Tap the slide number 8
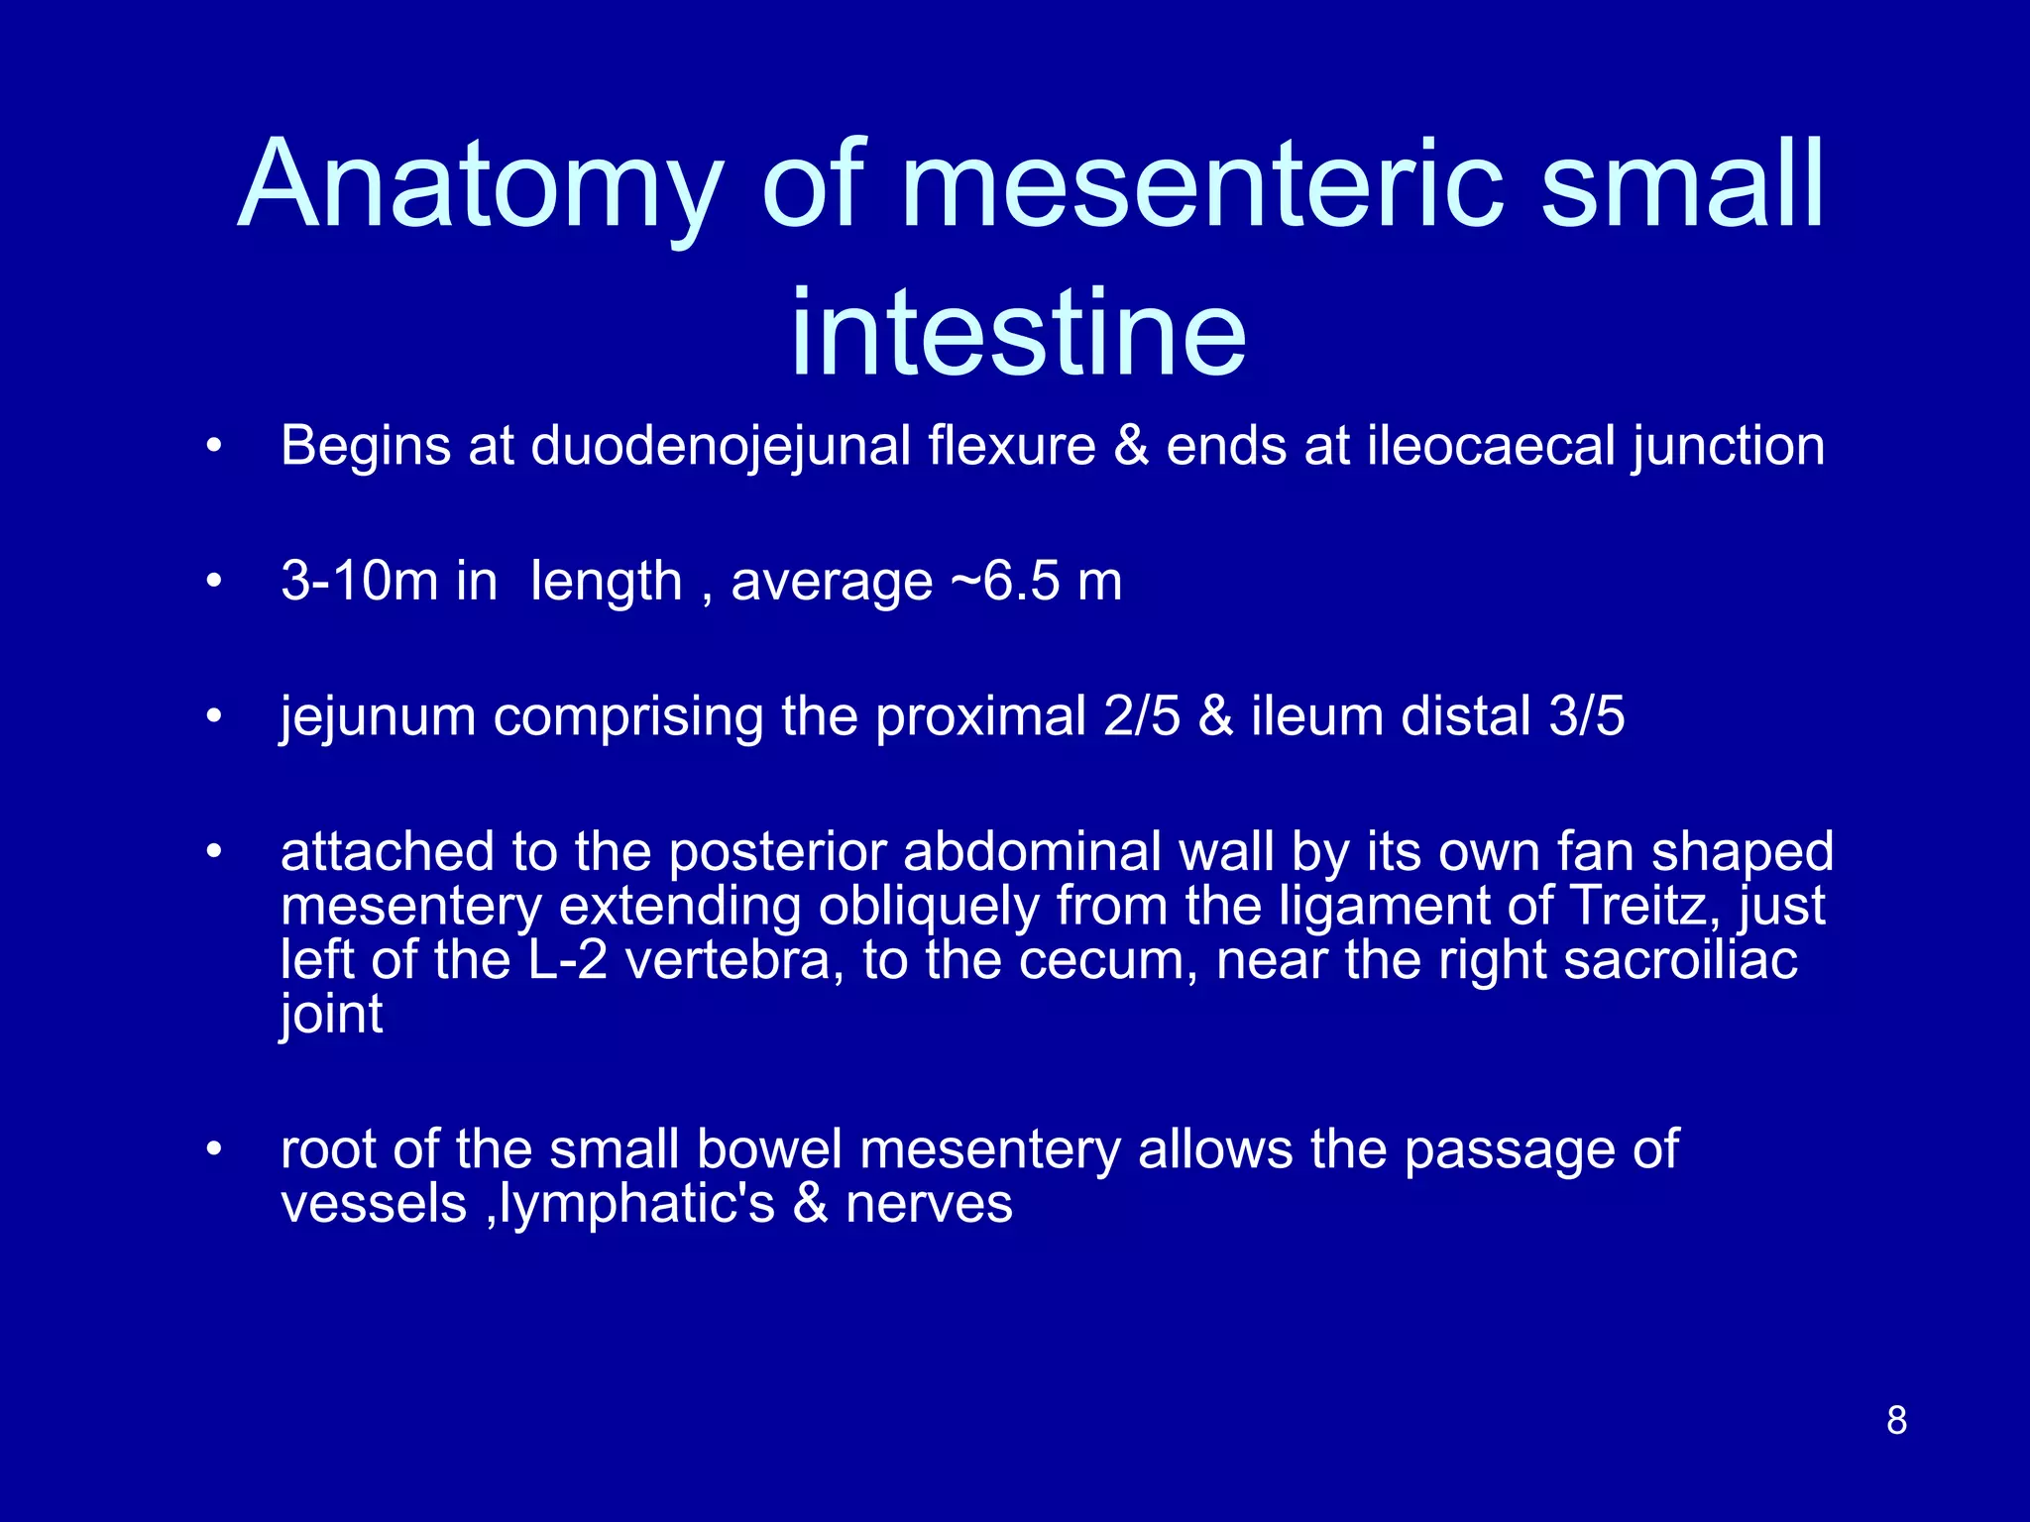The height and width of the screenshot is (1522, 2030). (x=1896, y=1420)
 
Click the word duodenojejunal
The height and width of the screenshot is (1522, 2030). (x=721, y=447)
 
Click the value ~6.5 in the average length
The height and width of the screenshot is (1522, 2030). (x=1005, y=581)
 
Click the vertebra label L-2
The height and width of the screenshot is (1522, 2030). (x=568, y=960)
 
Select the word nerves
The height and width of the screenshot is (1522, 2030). (x=929, y=1205)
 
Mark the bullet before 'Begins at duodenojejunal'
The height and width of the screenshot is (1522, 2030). (x=212, y=447)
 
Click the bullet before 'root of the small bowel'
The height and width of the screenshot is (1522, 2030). (x=212, y=1149)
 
